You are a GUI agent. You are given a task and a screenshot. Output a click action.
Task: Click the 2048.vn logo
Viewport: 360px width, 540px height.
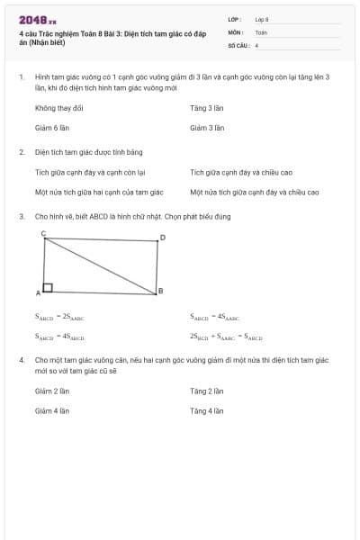point(37,19)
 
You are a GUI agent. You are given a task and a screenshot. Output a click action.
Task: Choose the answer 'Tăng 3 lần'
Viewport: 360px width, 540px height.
point(206,108)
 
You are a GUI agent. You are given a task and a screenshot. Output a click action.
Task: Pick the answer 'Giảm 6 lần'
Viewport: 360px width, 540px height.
point(52,128)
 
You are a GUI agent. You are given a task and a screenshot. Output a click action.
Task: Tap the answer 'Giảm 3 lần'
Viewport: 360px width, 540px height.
point(206,128)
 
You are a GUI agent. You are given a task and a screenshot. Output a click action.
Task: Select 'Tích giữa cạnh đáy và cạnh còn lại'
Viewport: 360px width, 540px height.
point(90,172)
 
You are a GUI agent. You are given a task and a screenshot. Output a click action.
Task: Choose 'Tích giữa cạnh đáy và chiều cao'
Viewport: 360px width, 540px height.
point(241,172)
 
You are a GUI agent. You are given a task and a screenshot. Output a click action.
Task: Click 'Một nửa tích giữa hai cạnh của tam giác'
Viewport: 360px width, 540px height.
point(99,192)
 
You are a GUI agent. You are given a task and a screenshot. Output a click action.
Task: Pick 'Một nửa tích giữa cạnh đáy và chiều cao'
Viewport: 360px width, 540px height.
point(255,192)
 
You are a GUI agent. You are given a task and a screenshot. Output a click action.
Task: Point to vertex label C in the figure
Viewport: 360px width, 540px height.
point(43,233)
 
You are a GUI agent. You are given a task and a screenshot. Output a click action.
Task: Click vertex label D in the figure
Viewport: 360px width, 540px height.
point(162,238)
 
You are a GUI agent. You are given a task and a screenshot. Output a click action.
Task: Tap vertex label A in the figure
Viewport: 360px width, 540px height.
point(38,293)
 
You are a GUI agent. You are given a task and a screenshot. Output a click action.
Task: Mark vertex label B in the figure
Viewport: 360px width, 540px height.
point(160,290)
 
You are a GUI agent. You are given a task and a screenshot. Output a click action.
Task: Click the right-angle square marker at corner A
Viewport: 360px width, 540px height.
point(48,288)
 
